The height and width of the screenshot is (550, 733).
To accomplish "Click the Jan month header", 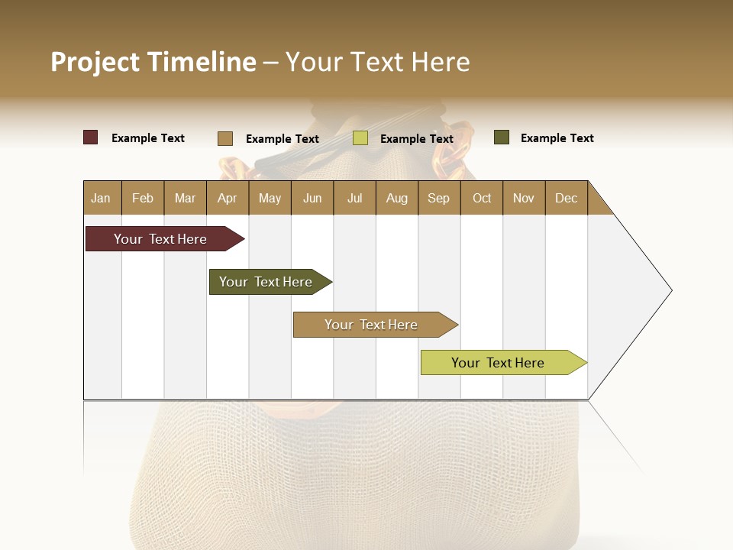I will [101, 199].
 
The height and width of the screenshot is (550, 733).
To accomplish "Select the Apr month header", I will [227, 199].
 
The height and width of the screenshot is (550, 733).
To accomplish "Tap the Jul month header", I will [354, 199].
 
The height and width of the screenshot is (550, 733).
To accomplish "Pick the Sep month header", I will [438, 199].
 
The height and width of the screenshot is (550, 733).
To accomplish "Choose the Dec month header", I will [566, 199].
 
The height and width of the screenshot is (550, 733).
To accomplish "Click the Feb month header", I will [143, 199].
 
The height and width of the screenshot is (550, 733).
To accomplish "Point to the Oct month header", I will [482, 199].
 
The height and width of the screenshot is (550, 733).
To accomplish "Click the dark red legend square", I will [91, 137].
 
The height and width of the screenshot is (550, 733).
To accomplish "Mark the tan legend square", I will [225, 138].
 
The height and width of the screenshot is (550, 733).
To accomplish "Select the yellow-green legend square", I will [360, 138].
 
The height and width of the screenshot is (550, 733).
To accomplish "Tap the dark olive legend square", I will [501, 137].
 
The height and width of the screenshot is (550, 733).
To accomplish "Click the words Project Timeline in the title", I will [153, 62].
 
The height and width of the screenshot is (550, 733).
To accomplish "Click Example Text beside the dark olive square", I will [557, 138].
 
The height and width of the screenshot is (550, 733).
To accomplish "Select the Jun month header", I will [312, 199].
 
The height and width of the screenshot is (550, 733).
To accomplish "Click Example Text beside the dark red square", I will [148, 138].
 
